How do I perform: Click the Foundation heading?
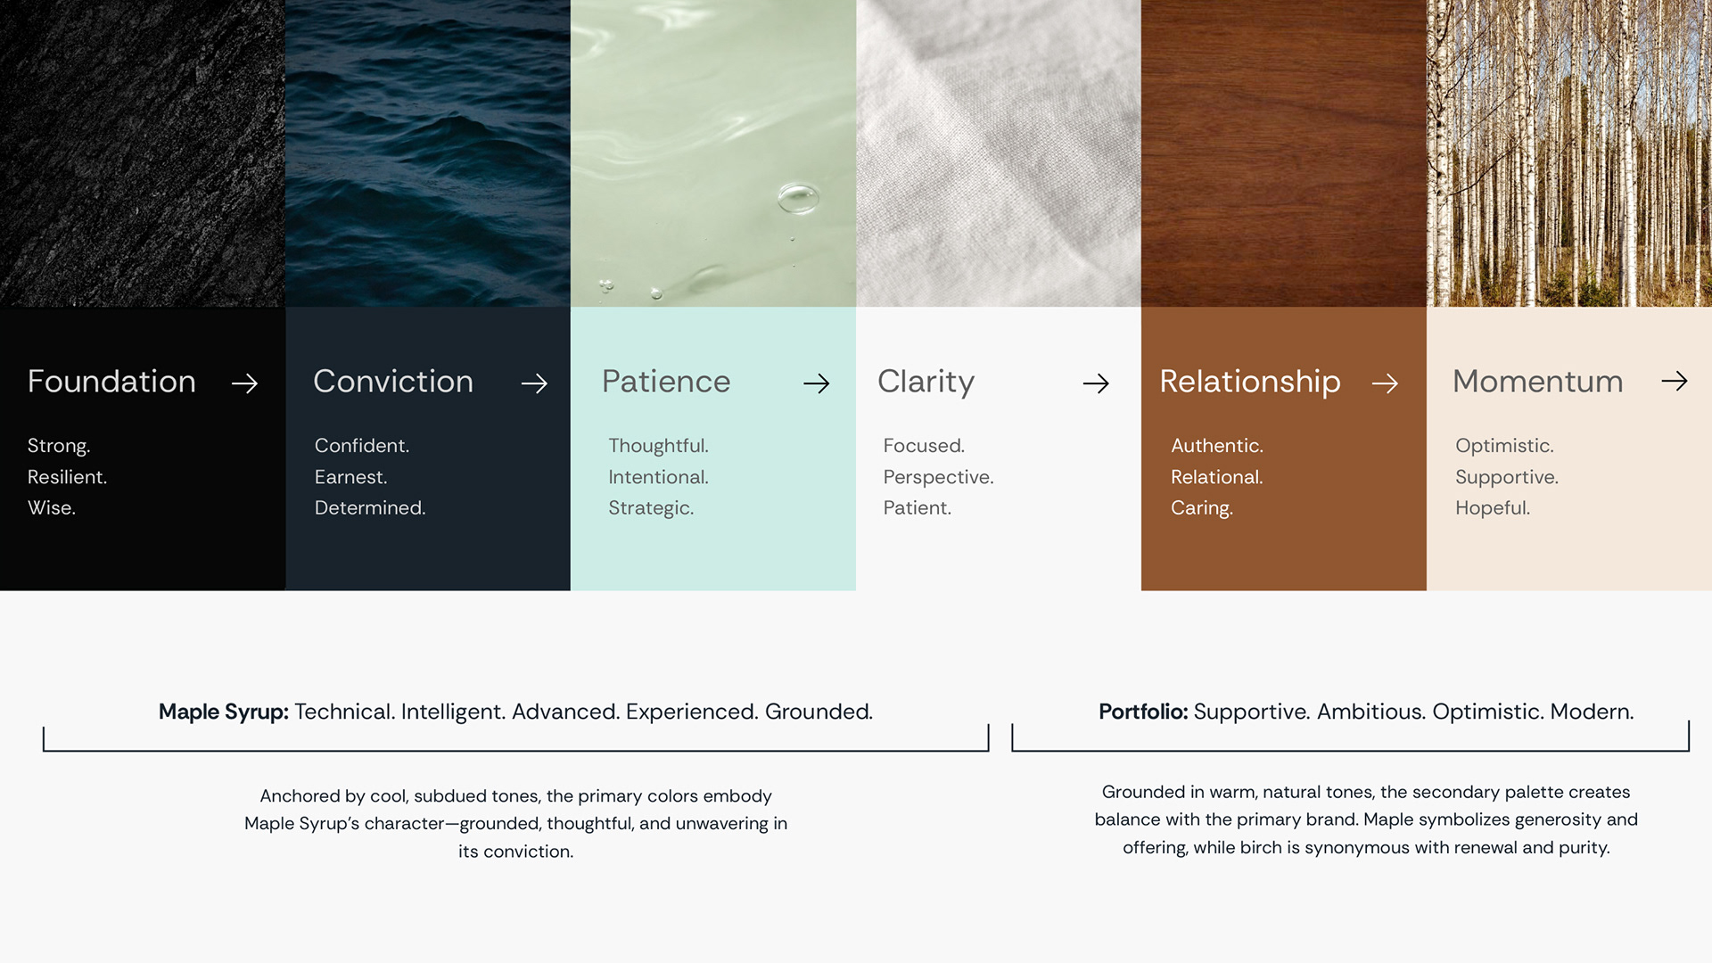click(111, 382)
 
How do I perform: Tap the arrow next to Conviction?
click(534, 383)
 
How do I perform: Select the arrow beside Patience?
click(816, 383)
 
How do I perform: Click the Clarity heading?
click(926, 383)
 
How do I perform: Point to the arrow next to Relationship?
click(1385, 383)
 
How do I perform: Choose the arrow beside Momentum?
click(1675, 381)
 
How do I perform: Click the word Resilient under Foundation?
click(67, 477)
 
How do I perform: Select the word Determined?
click(370, 508)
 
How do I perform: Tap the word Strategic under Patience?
click(651, 508)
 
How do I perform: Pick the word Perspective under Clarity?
click(938, 477)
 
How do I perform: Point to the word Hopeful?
click(1493, 508)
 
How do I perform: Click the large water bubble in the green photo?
click(797, 197)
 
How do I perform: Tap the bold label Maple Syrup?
click(224, 712)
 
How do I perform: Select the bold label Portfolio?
click(1143, 712)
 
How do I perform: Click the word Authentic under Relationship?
click(1217, 446)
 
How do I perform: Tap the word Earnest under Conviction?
click(350, 477)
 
